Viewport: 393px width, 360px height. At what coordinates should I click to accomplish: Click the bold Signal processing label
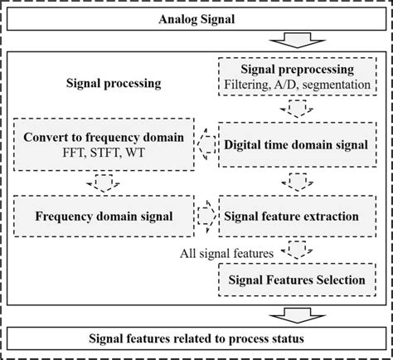coord(114,84)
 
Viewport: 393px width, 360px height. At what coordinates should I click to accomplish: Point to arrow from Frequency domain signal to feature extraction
coord(204,216)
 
